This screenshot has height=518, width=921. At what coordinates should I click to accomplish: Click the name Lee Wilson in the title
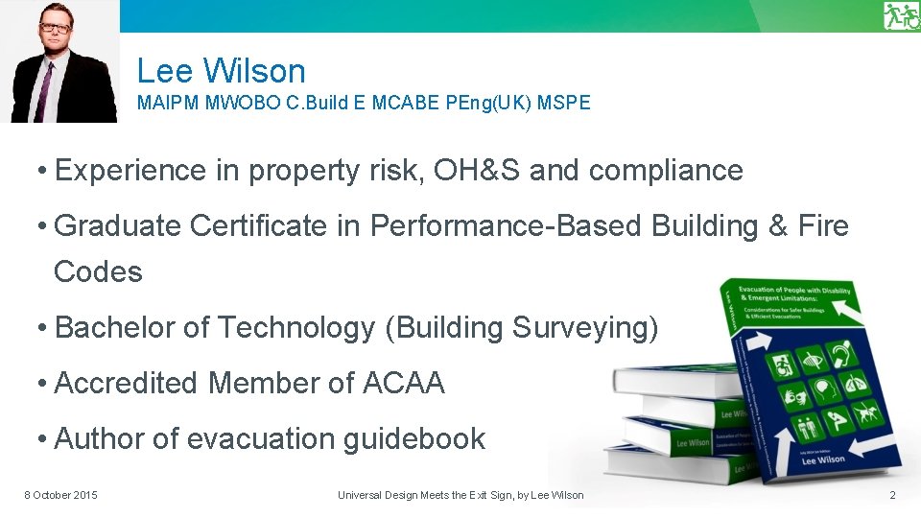221,71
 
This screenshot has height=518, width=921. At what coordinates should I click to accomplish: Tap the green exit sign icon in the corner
901,16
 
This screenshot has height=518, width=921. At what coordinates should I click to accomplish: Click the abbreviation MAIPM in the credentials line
169,103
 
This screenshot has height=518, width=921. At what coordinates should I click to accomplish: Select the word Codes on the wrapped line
98,272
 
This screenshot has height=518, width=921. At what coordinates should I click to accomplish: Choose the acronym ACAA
403,384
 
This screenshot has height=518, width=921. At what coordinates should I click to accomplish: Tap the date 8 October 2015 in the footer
60,495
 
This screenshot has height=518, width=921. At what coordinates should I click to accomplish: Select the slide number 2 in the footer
892,495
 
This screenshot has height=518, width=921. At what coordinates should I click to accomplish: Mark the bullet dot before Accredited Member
43,384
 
